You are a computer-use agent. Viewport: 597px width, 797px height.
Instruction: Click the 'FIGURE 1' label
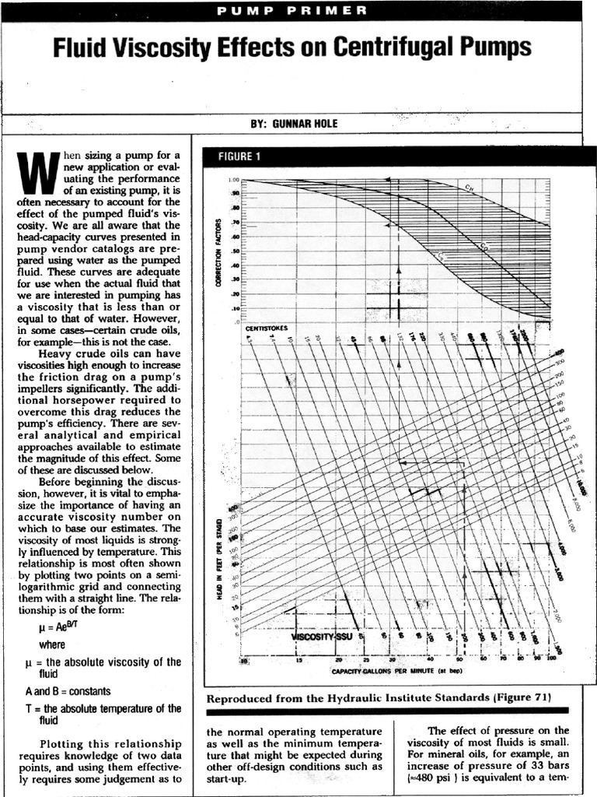[239, 156]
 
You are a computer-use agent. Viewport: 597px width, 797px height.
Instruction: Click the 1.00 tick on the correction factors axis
[233, 180]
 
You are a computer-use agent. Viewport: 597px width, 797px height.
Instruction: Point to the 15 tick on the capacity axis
[298, 661]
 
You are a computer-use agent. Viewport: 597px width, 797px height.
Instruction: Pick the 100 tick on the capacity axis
[550, 659]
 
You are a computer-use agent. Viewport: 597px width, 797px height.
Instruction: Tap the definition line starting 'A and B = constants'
[68, 691]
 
